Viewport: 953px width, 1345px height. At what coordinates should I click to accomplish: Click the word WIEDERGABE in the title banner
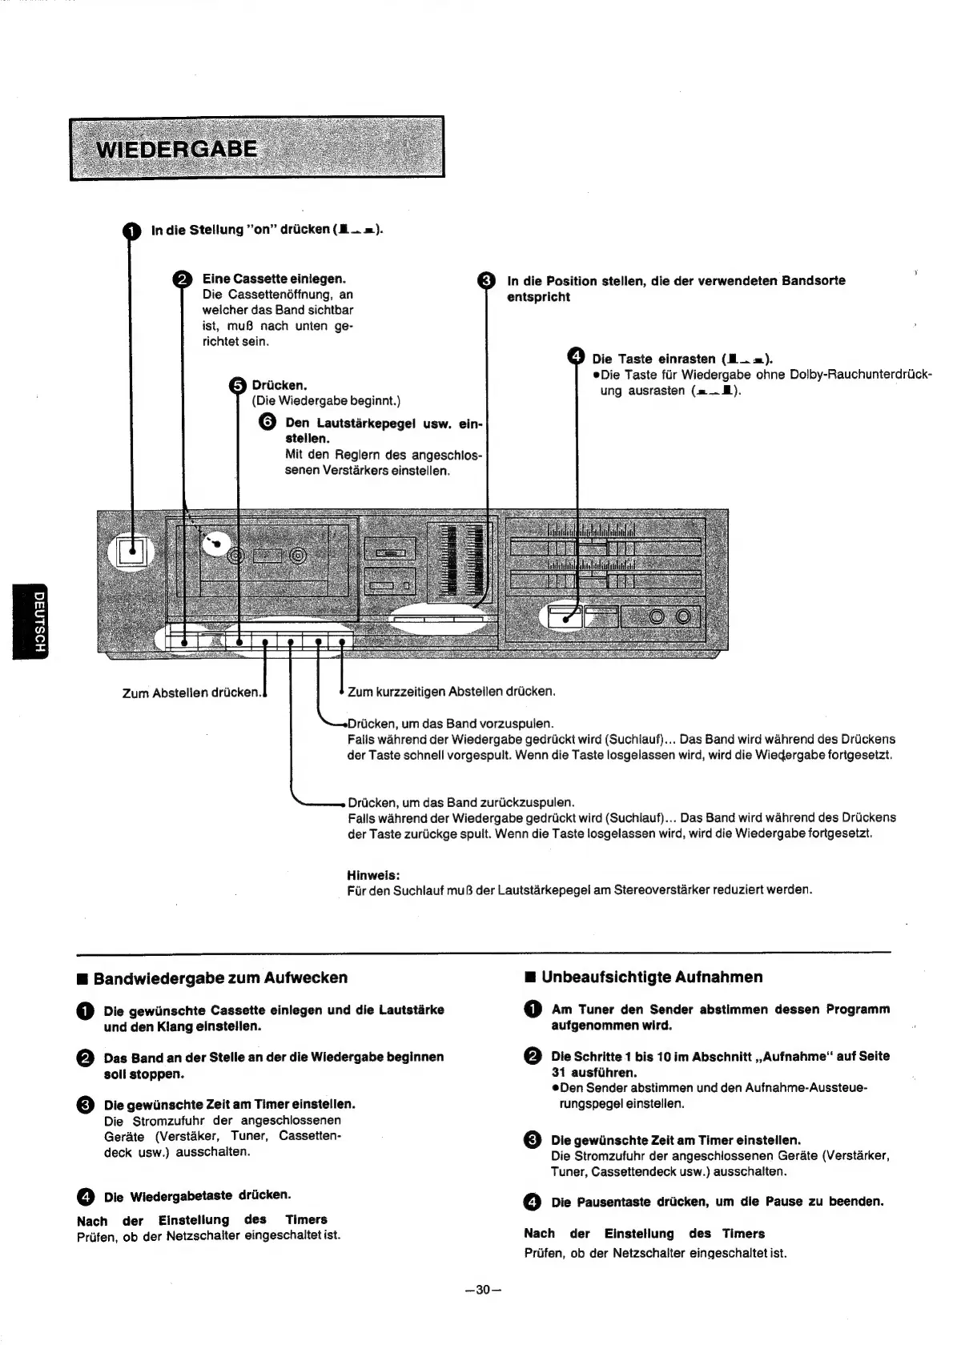click(x=176, y=150)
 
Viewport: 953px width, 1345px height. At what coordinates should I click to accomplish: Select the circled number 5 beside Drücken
click(x=237, y=386)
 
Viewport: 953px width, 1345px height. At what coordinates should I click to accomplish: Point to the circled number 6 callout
click(x=268, y=423)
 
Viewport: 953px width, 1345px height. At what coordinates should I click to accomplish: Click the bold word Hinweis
click(x=373, y=874)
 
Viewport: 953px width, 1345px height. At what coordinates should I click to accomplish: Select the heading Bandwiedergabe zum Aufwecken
click(x=220, y=978)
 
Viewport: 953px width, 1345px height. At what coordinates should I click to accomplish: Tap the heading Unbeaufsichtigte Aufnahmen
click(x=652, y=977)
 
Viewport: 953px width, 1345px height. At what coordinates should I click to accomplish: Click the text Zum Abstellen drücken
click(x=192, y=693)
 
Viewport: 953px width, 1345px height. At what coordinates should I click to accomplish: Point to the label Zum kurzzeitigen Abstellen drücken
click(x=452, y=691)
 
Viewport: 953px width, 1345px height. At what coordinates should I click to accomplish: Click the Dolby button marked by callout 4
click(x=564, y=617)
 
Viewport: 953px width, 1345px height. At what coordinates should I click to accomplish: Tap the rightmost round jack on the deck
click(x=682, y=616)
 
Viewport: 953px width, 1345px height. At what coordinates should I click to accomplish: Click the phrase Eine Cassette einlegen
click(x=274, y=279)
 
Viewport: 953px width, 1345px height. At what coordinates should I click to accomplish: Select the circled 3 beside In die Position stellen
click(x=485, y=280)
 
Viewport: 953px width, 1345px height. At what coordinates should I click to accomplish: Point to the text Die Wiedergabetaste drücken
click(x=197, y=1195)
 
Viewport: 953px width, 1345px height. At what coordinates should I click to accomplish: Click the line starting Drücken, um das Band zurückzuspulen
click(x=461, y=802)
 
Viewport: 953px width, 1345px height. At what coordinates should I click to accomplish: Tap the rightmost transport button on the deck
click(x=342, y=641)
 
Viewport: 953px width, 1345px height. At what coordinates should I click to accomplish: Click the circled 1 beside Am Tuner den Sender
click(x=532, y=1010)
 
